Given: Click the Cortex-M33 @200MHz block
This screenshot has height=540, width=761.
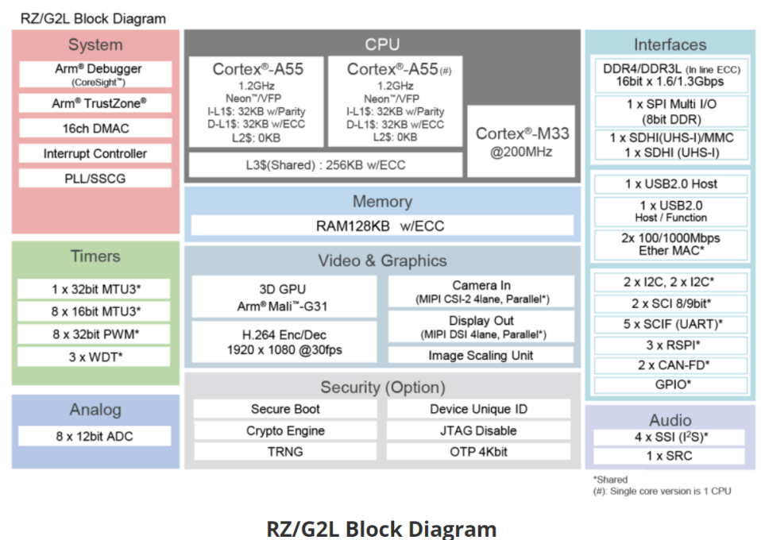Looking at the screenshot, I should click(x=522, y=142).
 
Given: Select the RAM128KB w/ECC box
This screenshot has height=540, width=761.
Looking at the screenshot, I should click(x=381, y=226).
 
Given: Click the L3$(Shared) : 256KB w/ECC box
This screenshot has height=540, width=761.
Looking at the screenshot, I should click(x=324, y=164).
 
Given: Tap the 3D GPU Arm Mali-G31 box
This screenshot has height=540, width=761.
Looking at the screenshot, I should click(x=284, y=296).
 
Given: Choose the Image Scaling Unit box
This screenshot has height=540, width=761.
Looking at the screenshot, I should click(x=481, y=355).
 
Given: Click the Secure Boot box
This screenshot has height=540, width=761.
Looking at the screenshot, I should click(x=285, y=409).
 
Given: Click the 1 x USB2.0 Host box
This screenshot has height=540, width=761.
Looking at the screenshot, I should click(x=670, y=184).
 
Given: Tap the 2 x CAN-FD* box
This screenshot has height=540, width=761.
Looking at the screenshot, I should click(x=670, y=365).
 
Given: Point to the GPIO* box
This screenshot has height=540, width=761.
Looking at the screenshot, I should click(x=670, y=385).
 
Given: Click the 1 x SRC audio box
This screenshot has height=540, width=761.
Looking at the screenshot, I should click(x=669, y=457).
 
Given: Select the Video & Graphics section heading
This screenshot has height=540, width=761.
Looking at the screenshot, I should click(x=382, y=260).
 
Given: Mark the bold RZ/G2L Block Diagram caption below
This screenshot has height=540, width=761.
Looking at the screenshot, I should click(x=381, y=527).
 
